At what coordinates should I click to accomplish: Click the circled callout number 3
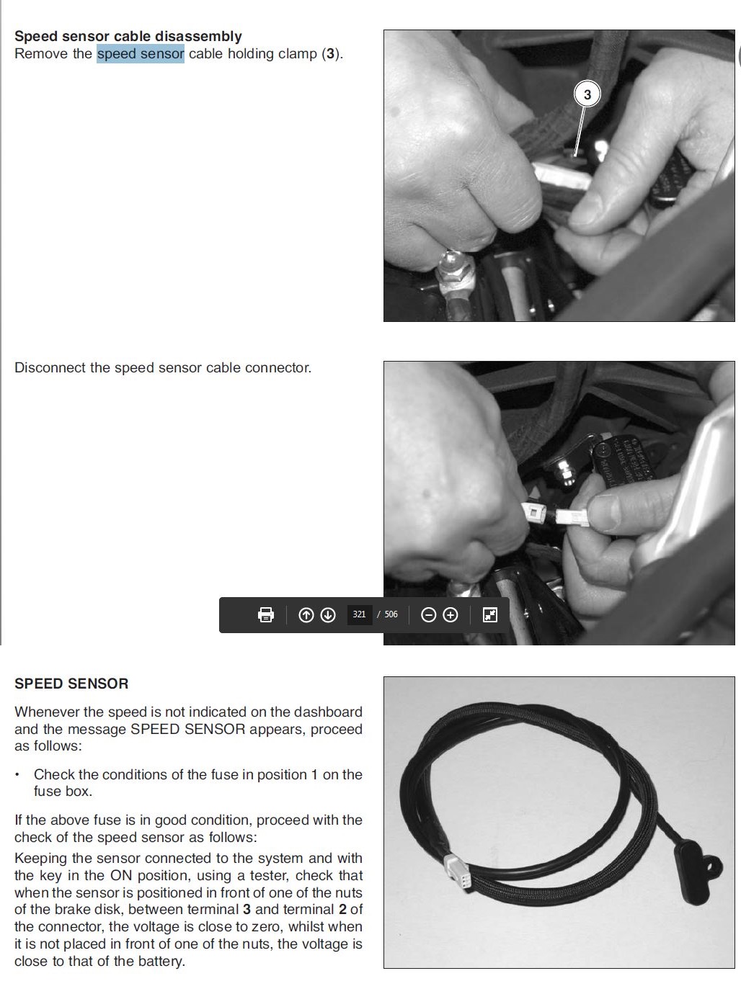(x=587, y=94)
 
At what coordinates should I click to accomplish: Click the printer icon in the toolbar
(x=266, y=614)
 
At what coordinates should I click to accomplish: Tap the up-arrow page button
(x=306, y=615)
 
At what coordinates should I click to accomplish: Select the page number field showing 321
(x=359, y=614)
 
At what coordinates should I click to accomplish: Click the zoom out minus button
(x=428, y=615)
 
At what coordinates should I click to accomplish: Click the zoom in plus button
(x=451, y=615)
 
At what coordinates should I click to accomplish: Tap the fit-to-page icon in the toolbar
(x=490, y=614)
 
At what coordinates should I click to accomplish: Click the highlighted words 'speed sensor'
(x=141, y=54)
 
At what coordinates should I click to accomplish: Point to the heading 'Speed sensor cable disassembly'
(x=128, y=36)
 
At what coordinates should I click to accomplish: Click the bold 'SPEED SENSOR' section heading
(x=71, y=684)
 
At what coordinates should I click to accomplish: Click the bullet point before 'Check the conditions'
(x=17, y=775)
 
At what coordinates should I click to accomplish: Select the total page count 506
(x=391, y=614)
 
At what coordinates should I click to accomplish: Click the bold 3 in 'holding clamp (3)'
(x=331, y=54)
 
